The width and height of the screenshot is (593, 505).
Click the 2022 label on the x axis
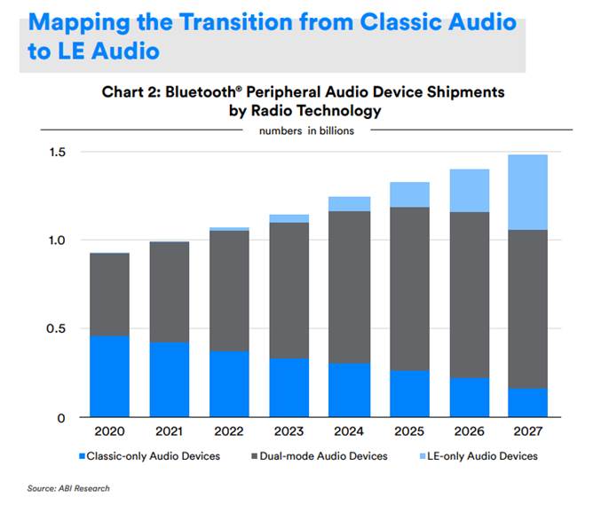coord(230,432)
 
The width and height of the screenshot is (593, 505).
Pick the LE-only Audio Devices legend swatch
coord(424,456)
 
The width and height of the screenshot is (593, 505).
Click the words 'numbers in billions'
coord(306,131)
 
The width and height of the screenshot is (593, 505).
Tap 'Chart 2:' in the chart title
coord(130,91)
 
